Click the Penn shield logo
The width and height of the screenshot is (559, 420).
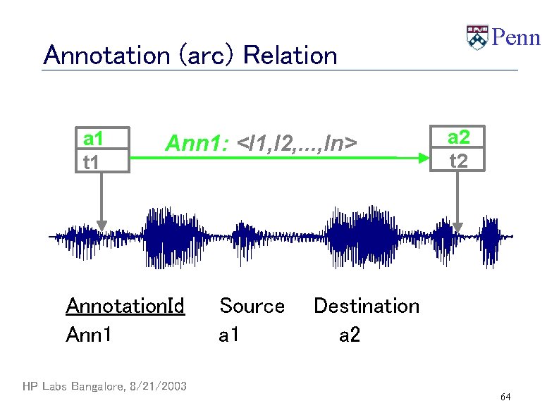coord(477,37)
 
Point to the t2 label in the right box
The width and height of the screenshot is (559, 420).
coord(458,161)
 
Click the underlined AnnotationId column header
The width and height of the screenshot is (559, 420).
coord(125,306)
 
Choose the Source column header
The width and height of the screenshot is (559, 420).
coord(252,306)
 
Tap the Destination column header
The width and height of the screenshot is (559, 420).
coord(366,306)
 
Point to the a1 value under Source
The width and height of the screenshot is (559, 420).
coord(229,335)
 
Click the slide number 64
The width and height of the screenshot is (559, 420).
coord(505,398)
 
